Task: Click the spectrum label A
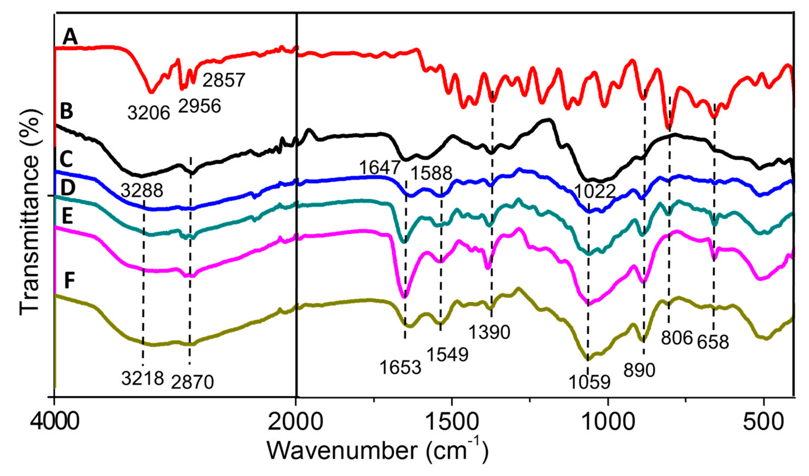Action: tap(70, 37)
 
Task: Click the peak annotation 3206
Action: tap(149, 113)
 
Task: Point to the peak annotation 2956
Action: tap(200, 106)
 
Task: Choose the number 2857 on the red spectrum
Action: tap(224, 80)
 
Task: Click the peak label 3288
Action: tap(142, 191)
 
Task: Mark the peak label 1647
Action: tap(380, 167)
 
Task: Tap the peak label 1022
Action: tap(594, 192)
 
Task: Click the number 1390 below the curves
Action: tap(489, 332)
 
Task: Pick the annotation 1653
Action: tap(400, 367)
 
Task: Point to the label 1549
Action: tap(447, 354)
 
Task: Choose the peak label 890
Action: tap(639, 370)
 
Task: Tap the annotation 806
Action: tap(677, 338)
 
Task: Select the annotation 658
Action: tap(713, 342)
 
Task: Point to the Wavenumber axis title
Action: tap(378, 451)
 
